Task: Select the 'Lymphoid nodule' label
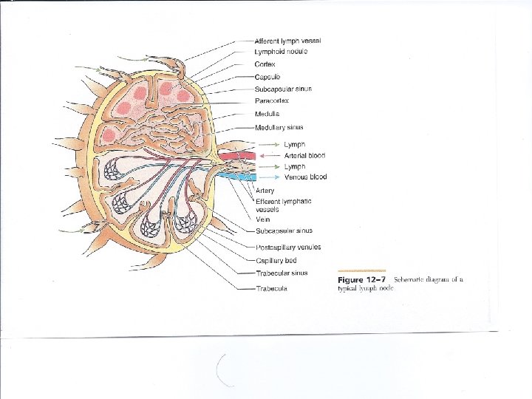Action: (x=281, y=51)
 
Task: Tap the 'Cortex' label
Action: (x=266, y=64)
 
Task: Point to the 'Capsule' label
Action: (x=267, y=76)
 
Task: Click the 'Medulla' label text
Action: (x=267, y=114)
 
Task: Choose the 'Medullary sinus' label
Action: (x=279, y=127)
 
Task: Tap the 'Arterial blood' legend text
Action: (x=304, y=156)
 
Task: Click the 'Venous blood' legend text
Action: (x=305, y=177)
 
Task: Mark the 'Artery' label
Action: (x=265, y=190)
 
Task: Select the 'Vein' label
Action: (x=262, y=218)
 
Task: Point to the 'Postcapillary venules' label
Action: (x=288, y=247)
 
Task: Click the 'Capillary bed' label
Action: (x=276, y=260)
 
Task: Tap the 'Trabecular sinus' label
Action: (x=281, y=273)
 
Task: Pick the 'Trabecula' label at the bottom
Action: (x=271, y=288)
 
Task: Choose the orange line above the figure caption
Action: (x=361, y=270)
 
